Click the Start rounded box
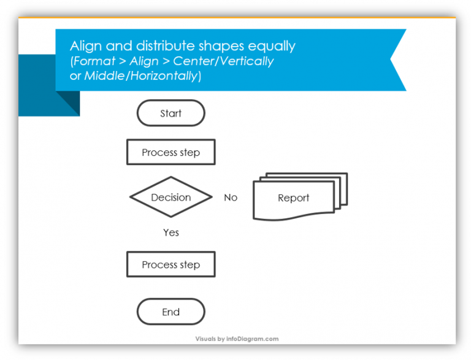pos(170,113)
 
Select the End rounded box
pos(170,312)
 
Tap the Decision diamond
pos(170,197)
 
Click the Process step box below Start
pos(170,153)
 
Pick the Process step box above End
pos(170,265)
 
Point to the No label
pos(231,197)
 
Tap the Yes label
pos(171,232)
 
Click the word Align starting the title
pos(83,46)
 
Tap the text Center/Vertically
pos(223,61)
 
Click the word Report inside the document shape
pos(293,198)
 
